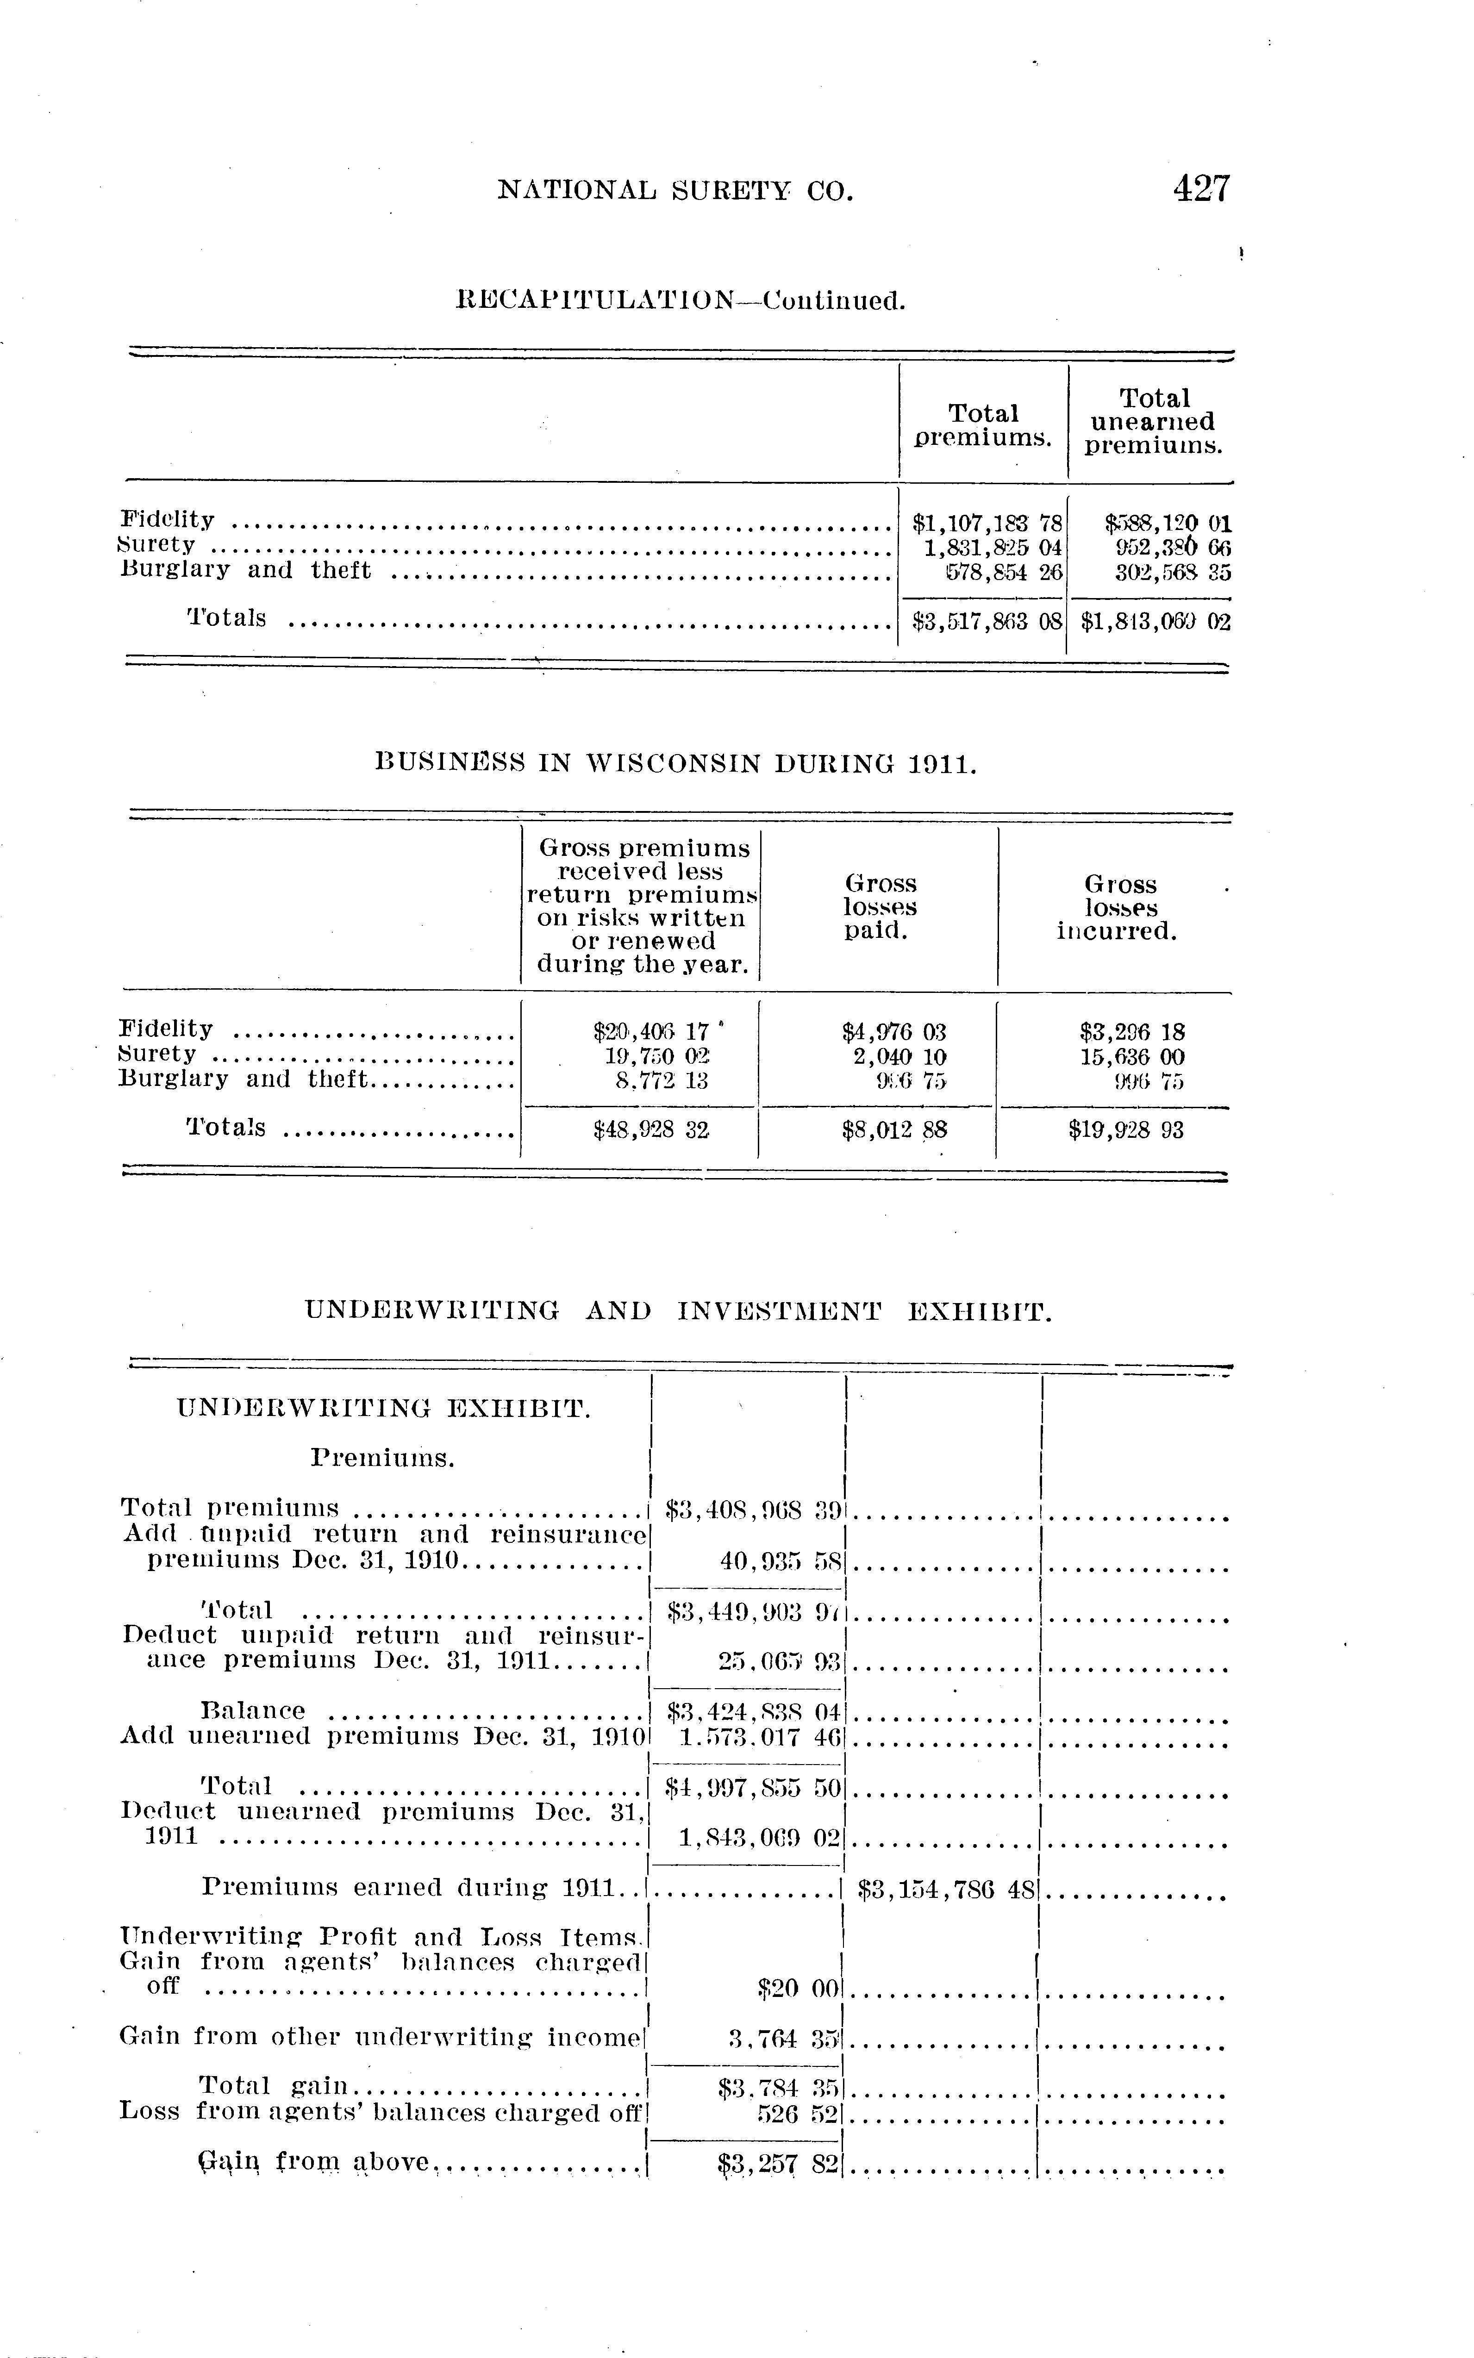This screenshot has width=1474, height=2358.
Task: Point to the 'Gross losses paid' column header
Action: pyautogui.click(x=879, y=906)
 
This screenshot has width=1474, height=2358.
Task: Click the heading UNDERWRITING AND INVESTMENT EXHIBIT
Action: pyautogui.click(x=679, y=1311)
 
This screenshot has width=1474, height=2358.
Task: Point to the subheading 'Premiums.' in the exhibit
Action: pyautogui.click(x=383, y=1459)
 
